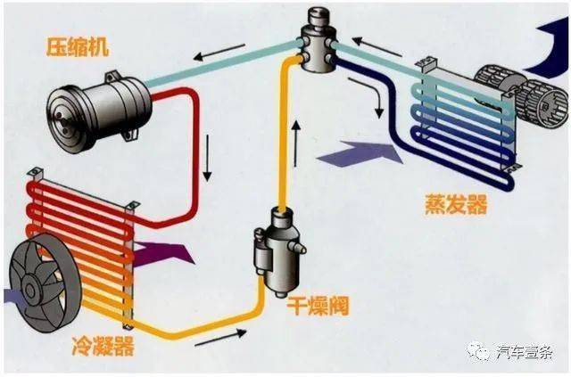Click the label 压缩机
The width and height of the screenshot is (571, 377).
coord(78,46)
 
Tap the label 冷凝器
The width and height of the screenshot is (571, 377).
coord(103,346)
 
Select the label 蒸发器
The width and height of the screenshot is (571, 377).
coord(456,204)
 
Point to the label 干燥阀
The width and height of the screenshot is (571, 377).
coord(319,306)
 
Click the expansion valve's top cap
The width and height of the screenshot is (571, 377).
coord(319,16)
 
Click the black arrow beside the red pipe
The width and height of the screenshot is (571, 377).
coord(207,158)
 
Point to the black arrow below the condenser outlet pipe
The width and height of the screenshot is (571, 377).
coord(220,337)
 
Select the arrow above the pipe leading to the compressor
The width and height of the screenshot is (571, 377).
coord(219,52)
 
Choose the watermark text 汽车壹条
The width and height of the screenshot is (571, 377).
coord(525,351)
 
